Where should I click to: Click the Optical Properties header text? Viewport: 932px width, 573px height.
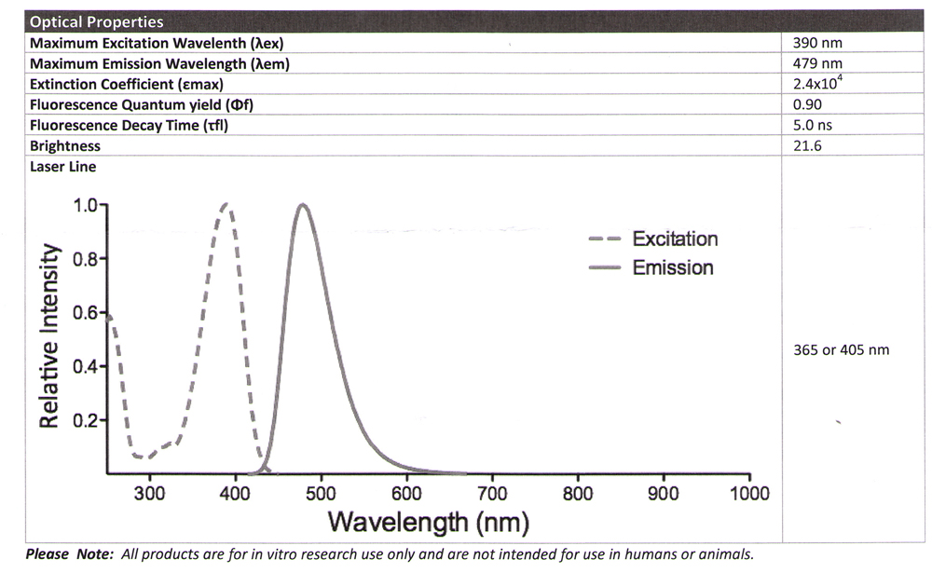96,21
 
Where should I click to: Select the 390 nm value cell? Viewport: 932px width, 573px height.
817,43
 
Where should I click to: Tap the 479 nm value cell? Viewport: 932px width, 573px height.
817,63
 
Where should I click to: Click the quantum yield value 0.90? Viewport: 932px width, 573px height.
806,104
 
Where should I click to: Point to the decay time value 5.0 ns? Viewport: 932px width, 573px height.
812,125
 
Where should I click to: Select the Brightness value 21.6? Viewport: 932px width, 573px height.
806,145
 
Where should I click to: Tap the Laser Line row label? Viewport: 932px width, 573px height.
62,167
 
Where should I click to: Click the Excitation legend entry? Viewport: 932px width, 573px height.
675,239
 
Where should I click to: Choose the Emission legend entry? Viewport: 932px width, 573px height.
672,267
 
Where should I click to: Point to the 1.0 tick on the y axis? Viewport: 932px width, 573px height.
85,205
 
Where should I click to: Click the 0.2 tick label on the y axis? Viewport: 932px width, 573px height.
85,420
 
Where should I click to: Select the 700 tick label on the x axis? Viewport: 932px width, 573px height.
491,493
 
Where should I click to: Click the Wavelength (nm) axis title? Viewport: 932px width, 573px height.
428,522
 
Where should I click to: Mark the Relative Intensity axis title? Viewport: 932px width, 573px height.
51,337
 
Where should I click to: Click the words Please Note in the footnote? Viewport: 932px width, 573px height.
60,553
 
